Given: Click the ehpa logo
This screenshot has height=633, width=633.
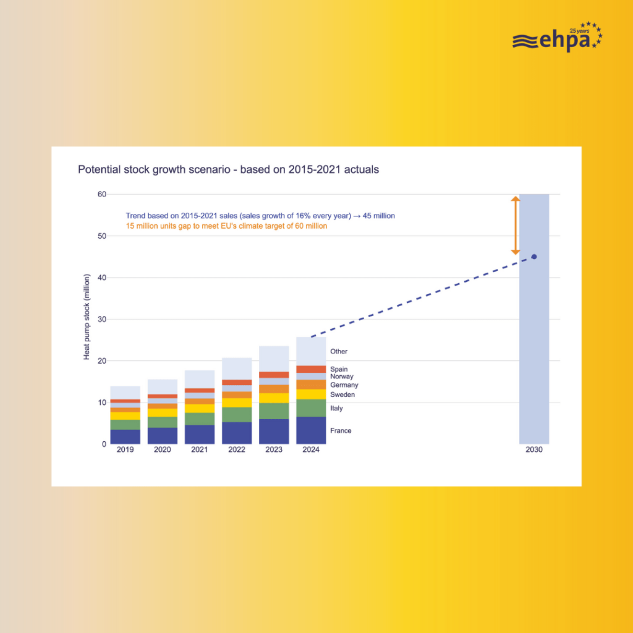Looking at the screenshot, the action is click(x=558, y=37).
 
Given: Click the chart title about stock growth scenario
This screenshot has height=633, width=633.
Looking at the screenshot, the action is click(x=228, y=169).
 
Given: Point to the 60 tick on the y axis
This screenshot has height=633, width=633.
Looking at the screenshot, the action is click(x=102, y=194).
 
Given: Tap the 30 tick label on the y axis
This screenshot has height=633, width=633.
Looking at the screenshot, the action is click(x=102, y=320).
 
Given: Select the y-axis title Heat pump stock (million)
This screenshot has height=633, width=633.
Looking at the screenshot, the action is click(x=87, y=317).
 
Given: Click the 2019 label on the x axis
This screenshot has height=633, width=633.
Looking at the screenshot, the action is click(x=125, y=450).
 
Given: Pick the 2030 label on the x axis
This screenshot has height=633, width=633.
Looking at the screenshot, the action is click(x=534, y=450).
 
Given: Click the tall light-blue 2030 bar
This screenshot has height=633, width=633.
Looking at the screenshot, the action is click(x=534, y=319).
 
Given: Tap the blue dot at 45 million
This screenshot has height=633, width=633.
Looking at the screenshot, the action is click(x=534, y=257).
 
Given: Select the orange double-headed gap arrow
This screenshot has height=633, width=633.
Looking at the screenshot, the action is click(x=516, y=226).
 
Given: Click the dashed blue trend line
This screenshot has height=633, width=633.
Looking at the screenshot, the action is click(x=422, y=297).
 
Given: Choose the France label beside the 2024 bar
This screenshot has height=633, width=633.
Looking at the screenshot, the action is click(x=341, y=431).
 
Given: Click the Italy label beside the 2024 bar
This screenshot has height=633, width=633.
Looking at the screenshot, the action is click(x=336, y=408).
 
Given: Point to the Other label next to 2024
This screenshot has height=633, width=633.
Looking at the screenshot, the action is click(x=339, y=352).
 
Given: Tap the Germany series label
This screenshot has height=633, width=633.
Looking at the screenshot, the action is click(x=344, y=385).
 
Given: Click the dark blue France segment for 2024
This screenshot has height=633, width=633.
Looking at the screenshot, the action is click(x=311, y=430).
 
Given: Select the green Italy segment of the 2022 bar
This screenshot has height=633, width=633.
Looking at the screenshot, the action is click(x=237, y=415).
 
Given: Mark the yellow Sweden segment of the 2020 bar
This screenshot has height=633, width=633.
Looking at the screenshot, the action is click(x=163, y=412).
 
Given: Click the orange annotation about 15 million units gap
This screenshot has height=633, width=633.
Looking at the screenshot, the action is click(x=226, y=226).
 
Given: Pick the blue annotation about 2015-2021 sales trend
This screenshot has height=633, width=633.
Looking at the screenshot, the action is click(x=260, y=216).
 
